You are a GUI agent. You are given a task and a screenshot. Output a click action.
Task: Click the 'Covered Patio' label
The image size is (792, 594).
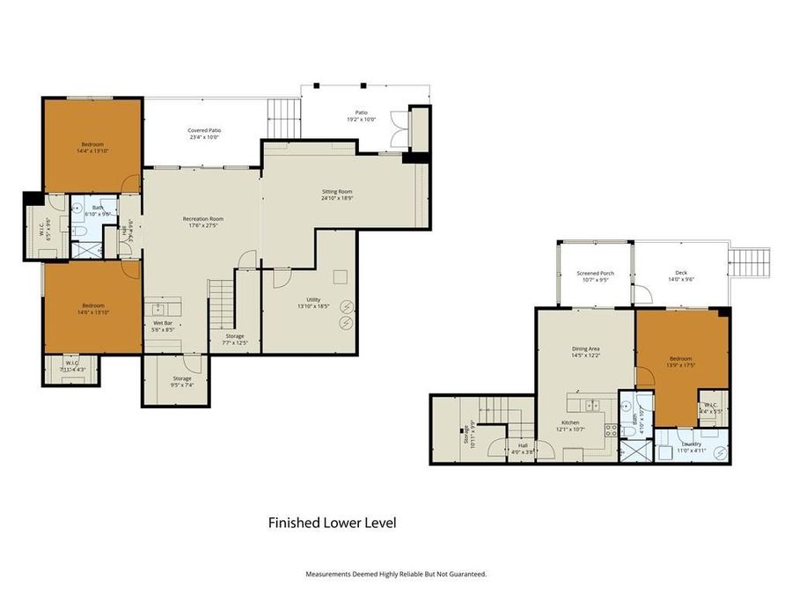(204, 129)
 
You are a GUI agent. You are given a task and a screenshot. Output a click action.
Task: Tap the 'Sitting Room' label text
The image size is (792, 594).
(337, 191)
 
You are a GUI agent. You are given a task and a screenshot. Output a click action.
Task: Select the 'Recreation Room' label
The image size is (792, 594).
(203, 218)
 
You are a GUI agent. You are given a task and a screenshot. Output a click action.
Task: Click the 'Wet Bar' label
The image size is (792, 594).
(162, 323)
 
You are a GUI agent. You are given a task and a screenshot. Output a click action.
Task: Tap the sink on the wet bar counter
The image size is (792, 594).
(159, 309)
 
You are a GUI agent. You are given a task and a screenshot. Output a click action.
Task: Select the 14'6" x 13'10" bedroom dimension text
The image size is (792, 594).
(92, 313)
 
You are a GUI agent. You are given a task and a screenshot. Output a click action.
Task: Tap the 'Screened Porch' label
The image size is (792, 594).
(596, 273)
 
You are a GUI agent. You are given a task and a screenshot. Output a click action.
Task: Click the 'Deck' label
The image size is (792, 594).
(681, 273)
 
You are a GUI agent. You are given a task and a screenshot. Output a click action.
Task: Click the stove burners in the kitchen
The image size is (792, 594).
(610, 431)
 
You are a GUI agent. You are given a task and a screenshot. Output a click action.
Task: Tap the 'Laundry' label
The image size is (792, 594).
(692, 444)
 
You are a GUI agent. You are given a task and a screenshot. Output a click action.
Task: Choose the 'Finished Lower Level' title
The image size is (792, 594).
(332, 523)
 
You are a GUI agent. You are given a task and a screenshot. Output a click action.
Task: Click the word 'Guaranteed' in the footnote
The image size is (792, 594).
(465, 574)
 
